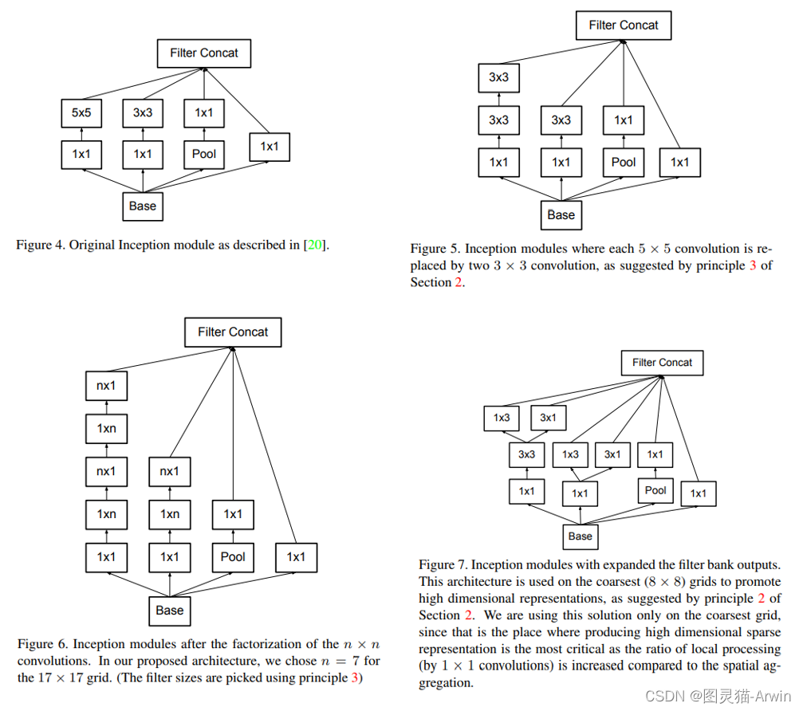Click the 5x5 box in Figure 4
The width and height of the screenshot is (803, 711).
point(81,112)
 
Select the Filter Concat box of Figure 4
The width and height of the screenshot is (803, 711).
point(203,53)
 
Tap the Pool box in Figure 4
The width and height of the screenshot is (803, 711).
point(204,154)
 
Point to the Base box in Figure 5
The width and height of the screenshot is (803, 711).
point(561,214)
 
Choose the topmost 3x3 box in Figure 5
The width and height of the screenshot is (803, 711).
point(498,77)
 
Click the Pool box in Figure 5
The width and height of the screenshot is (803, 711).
point(624,162)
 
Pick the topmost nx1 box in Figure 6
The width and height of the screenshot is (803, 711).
point(106,386)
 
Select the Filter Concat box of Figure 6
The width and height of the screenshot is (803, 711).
point(233,332)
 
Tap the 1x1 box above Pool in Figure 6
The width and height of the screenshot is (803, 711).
point(233,514)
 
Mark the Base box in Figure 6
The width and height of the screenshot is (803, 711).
point(169,611)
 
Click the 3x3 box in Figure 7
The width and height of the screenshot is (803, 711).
point(526,454)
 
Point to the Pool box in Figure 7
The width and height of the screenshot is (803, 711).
point(655,490)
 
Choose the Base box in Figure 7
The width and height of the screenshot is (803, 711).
point(580,536)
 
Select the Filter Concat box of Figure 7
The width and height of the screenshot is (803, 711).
point(662,363)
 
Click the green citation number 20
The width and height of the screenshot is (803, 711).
point(315,245)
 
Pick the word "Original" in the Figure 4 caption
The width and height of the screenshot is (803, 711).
point(93,245)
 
